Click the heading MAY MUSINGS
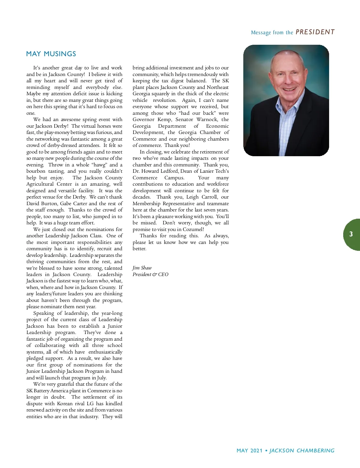(x=51, y=54)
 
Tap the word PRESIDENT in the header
(x=315, y=32)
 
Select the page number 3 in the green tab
(x=351, y=234)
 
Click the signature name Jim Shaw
(x=142, y=268)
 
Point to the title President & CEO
(x=150, y=275)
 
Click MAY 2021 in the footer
(x=249, y=451)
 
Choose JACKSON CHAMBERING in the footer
(x=302, y=451)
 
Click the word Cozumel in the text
(x=193, y=229)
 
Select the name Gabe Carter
(x=74, y=204)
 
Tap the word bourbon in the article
(x=36, y=171)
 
